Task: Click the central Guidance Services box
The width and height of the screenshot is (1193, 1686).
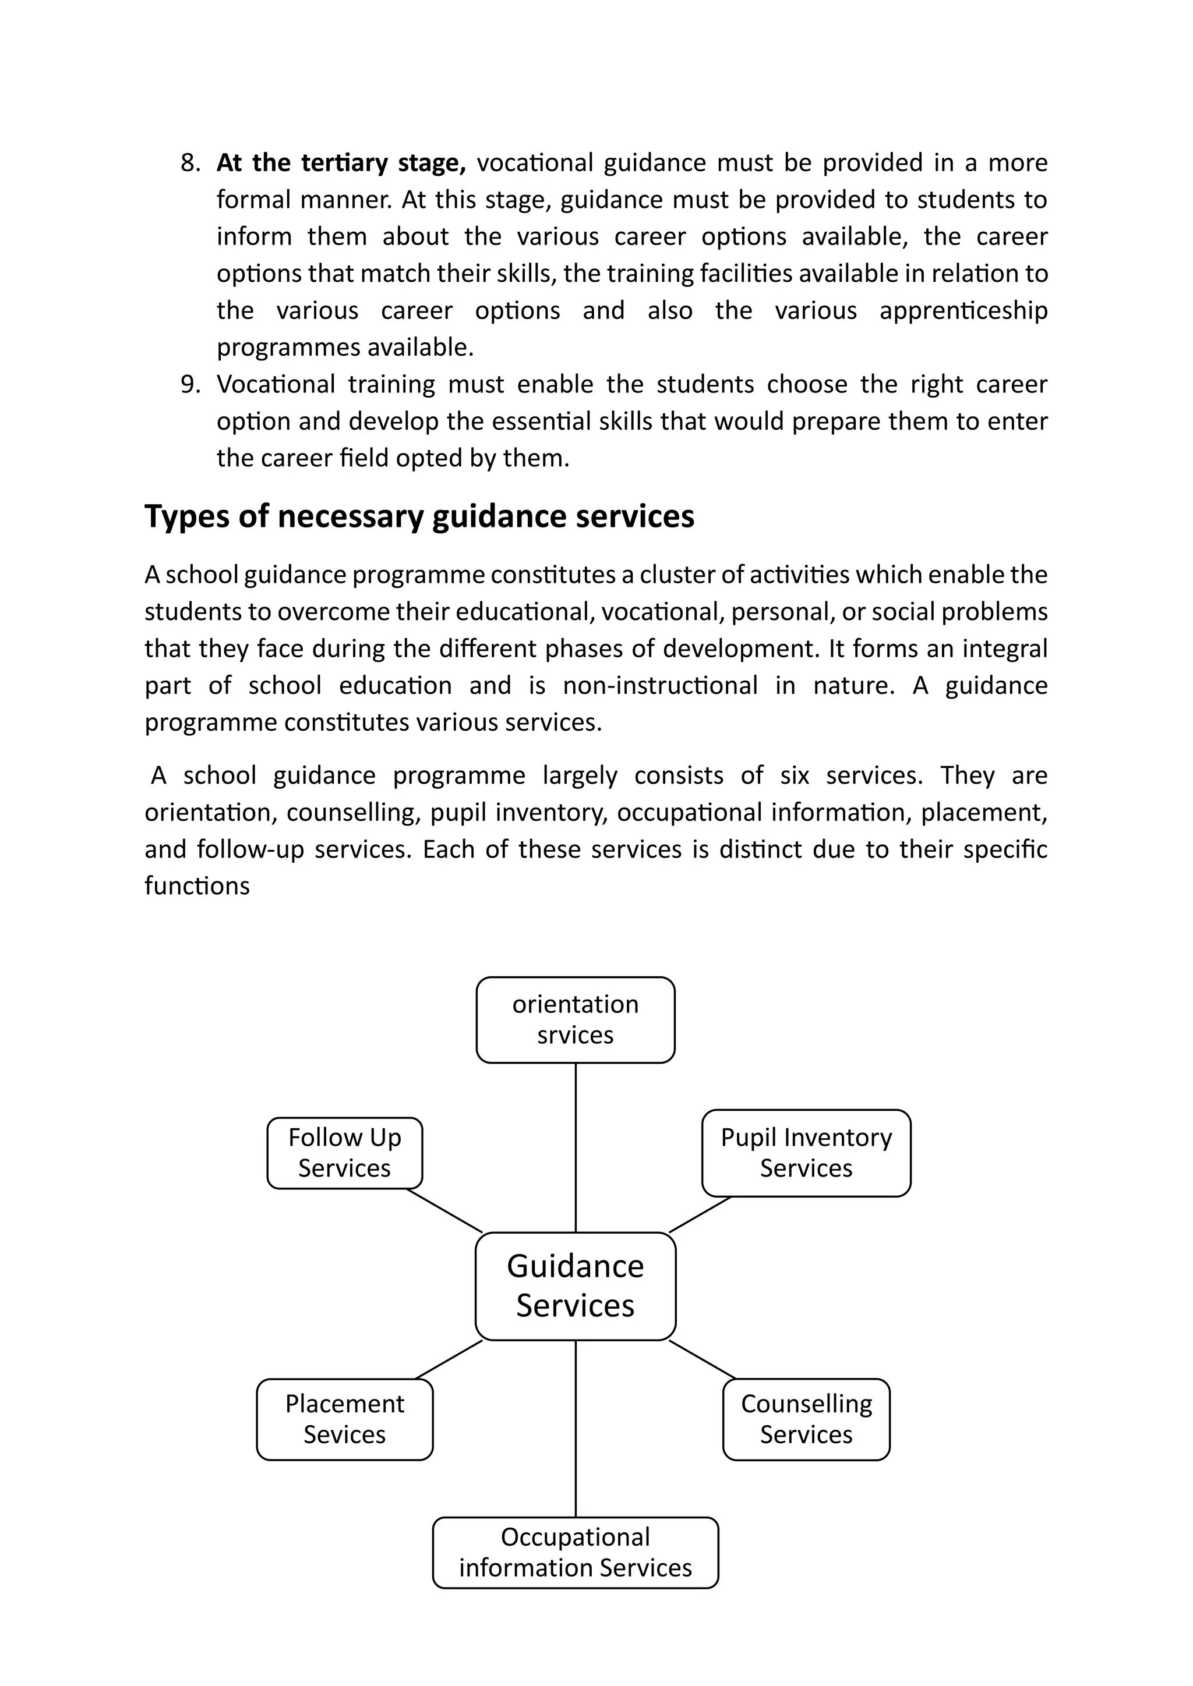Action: tap(575, 1286)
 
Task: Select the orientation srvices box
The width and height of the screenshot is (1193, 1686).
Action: tap(575, 1019)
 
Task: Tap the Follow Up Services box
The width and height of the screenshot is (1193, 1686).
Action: tap(344, 1153)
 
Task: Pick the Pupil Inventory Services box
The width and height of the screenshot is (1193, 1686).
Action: tap(806, 1153)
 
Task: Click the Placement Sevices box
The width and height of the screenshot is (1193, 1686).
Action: tap(344, 1419)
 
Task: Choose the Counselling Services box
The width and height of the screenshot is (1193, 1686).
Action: tap(806, 1419)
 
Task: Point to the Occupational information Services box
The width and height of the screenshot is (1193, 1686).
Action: tap(575, 1552)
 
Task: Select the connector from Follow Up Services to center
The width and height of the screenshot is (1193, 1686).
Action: tap(444, 1210)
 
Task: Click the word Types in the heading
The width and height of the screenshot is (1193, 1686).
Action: tap(186, 517)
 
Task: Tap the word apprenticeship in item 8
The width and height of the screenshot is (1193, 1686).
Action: tap(963, 311)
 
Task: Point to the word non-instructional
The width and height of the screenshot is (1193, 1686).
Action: tap(659, 686)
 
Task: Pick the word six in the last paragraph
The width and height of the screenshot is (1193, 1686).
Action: tap(794, 775)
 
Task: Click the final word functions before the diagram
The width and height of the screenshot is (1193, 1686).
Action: tap(197, 886)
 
